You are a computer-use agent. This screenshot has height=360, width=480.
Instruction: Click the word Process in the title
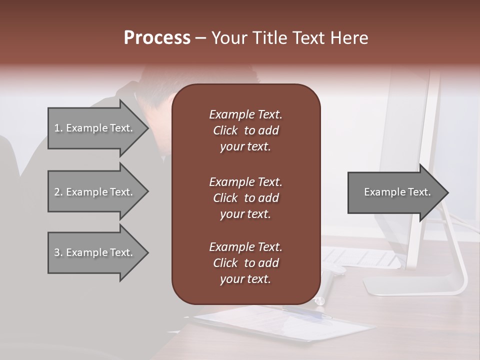coord(157,38)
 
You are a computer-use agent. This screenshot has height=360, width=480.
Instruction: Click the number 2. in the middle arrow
coord(58,192)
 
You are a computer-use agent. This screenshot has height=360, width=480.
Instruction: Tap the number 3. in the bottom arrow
coord(58,252)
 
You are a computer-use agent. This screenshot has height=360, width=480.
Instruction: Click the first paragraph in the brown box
coord(245,130)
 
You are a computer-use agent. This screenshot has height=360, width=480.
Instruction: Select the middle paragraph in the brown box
coord(245,198)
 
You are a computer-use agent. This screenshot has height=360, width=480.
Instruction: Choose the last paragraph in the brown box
coord(245,263)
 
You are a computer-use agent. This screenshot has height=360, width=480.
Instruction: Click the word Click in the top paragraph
coord(225,130)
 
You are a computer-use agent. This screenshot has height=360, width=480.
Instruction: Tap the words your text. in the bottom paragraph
coord(245,279)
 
